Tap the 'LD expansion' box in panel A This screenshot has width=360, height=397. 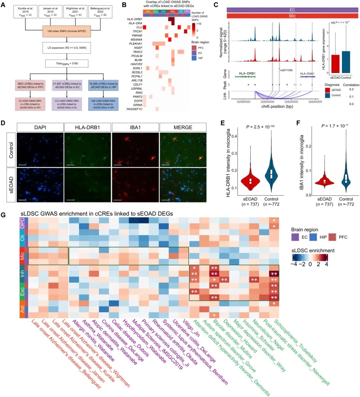[x=67, y=48]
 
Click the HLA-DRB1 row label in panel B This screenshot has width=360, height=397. [x=135, y=19]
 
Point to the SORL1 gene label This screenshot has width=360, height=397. [x=137, y=68]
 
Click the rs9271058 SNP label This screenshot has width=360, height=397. [x=286, y=70]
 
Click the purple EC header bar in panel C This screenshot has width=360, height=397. [x=292, y=10]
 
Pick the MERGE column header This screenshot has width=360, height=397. [x=183, y=127]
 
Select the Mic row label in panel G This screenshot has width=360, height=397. [x=22, y=255]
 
